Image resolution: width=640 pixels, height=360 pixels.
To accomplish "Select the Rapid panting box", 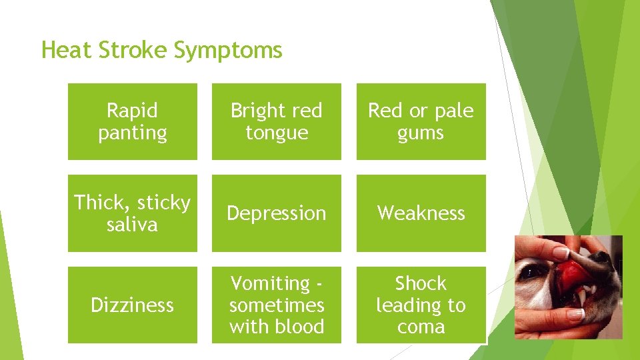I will [x=133, y=121].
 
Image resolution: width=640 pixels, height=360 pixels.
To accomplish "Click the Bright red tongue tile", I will [x=277, y=121].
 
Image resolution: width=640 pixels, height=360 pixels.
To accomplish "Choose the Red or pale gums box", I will [x=421, y=121].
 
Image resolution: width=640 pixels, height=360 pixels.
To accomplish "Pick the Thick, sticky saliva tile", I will [x=133, y=213].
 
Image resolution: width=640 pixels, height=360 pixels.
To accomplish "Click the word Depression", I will [x=277, y=213].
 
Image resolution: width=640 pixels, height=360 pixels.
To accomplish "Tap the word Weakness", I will [x=421, y=213].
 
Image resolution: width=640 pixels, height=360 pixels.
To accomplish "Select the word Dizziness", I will [x=133, y=305].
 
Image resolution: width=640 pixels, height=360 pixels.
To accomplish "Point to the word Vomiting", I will [x=270, y=283].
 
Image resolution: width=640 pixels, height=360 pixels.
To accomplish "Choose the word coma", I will [x=421, y=327].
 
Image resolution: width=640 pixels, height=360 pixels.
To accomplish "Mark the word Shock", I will [x=421, y=283].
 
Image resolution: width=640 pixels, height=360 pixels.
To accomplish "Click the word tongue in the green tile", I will [x=277, y=133].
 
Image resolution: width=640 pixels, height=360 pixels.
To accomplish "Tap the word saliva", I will [x=133, y=225].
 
